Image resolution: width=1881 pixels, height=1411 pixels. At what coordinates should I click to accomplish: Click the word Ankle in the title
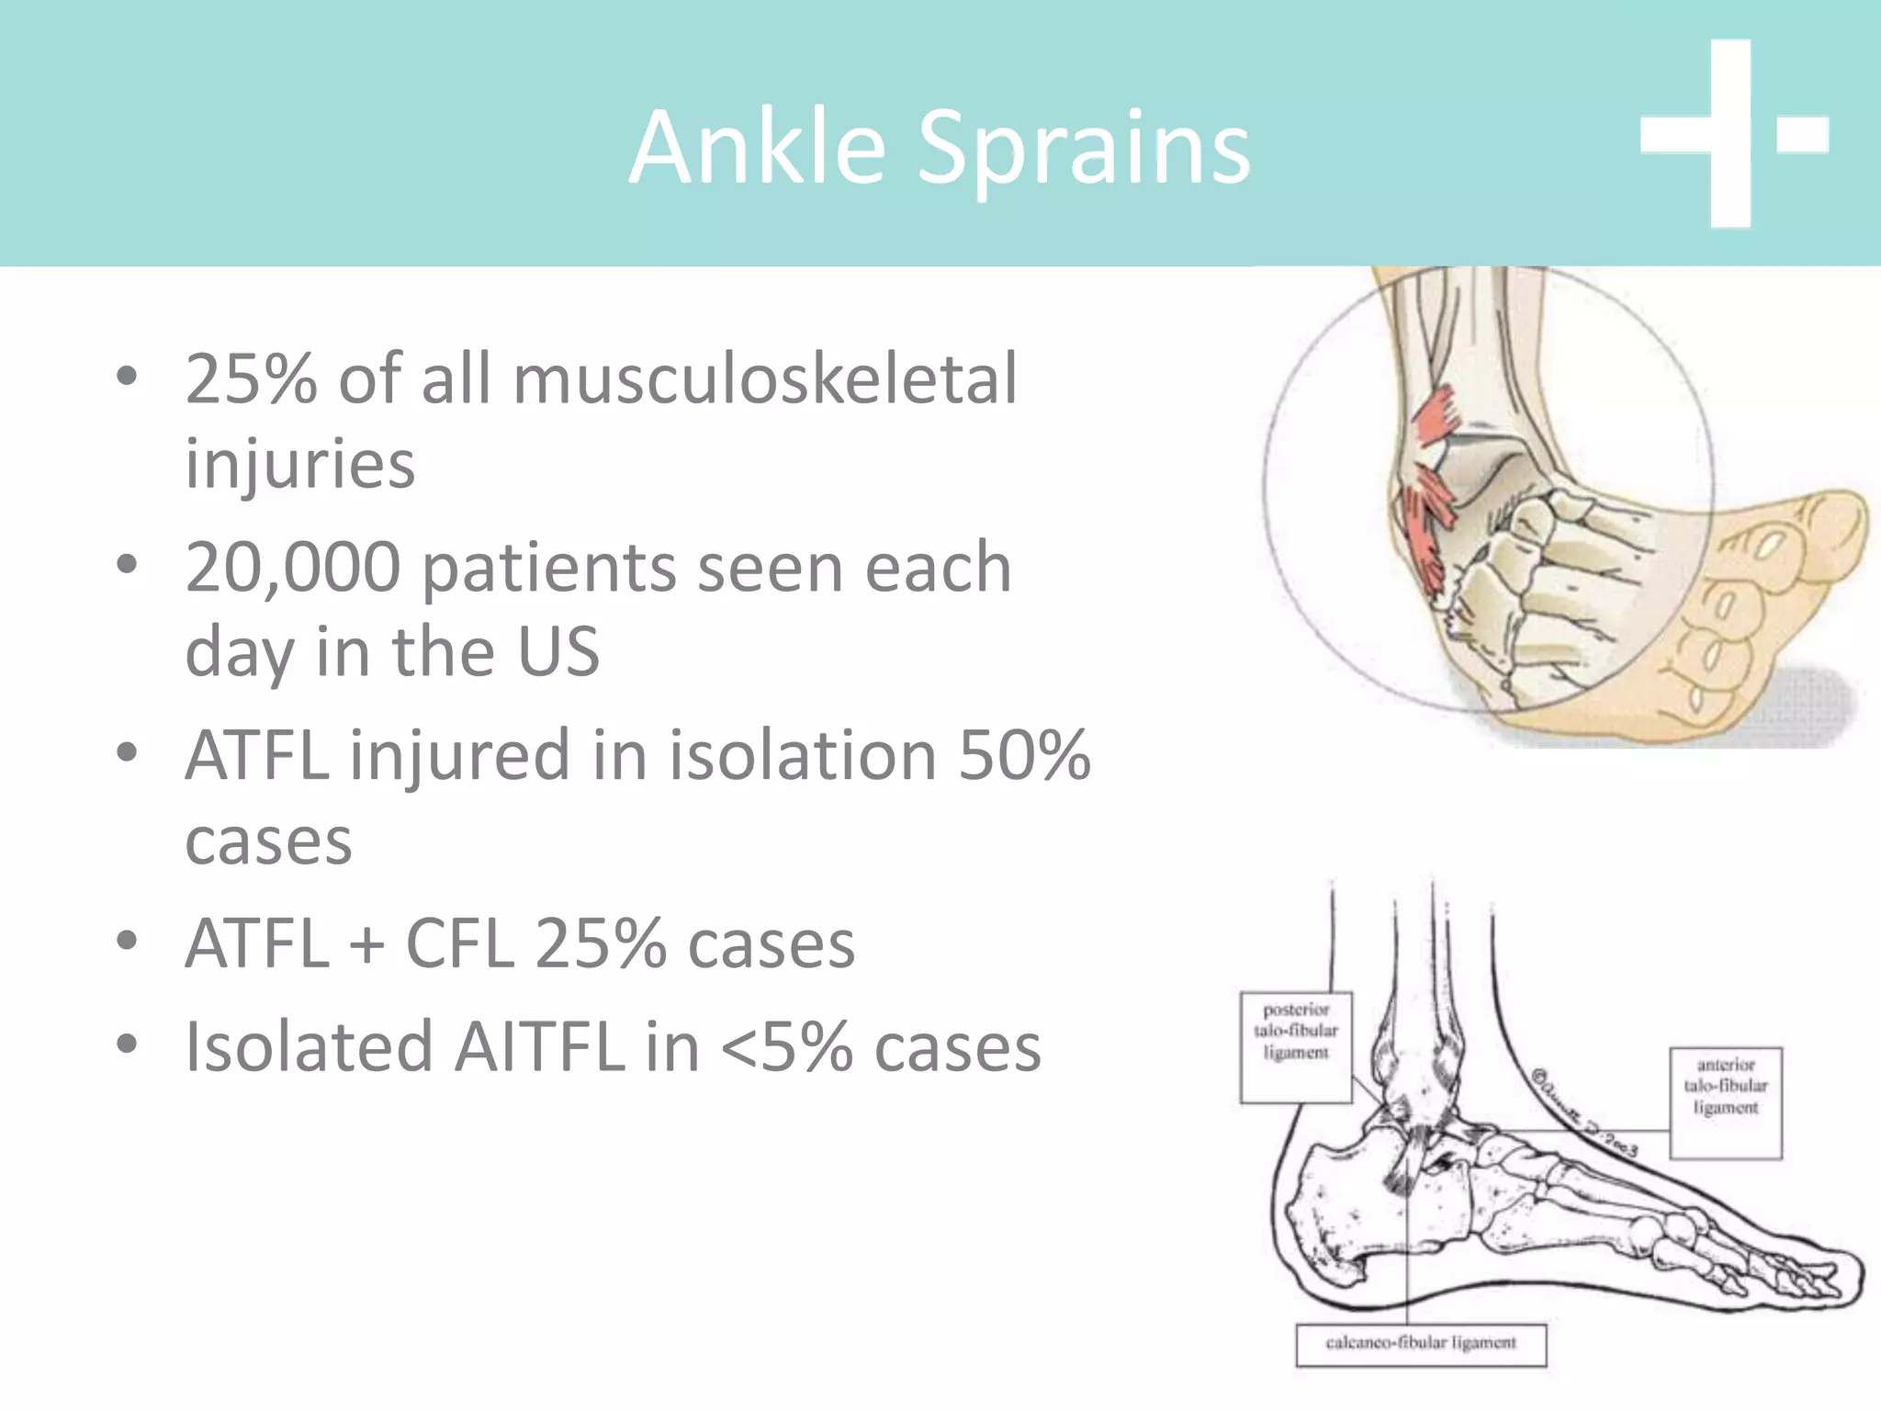point(758,147)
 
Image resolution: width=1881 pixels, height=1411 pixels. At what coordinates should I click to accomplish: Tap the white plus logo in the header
point(1731,134)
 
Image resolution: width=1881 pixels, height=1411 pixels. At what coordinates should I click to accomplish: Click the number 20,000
point(292,568)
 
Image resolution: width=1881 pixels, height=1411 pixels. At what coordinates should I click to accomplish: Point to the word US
point(558,651)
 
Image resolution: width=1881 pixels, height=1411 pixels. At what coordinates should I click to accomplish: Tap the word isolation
point(802,755)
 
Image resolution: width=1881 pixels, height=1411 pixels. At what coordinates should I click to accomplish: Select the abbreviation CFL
point(459,943)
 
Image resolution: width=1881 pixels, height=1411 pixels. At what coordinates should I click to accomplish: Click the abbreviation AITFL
point(539,1046)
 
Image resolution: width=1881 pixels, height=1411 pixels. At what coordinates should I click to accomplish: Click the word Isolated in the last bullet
point(309,1046)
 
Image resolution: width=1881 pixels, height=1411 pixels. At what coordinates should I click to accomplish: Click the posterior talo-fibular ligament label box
point(1296,1046)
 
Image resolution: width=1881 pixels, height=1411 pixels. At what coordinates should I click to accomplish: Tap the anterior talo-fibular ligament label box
point(1726,1102)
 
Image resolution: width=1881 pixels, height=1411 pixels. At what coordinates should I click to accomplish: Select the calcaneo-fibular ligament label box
point(1421,1344)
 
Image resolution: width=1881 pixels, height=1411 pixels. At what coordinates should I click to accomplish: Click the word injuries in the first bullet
point(299,464)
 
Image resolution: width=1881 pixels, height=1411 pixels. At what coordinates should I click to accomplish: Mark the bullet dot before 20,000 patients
point(127,564)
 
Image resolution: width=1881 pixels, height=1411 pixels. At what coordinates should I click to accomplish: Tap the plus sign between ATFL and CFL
point(367,945)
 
